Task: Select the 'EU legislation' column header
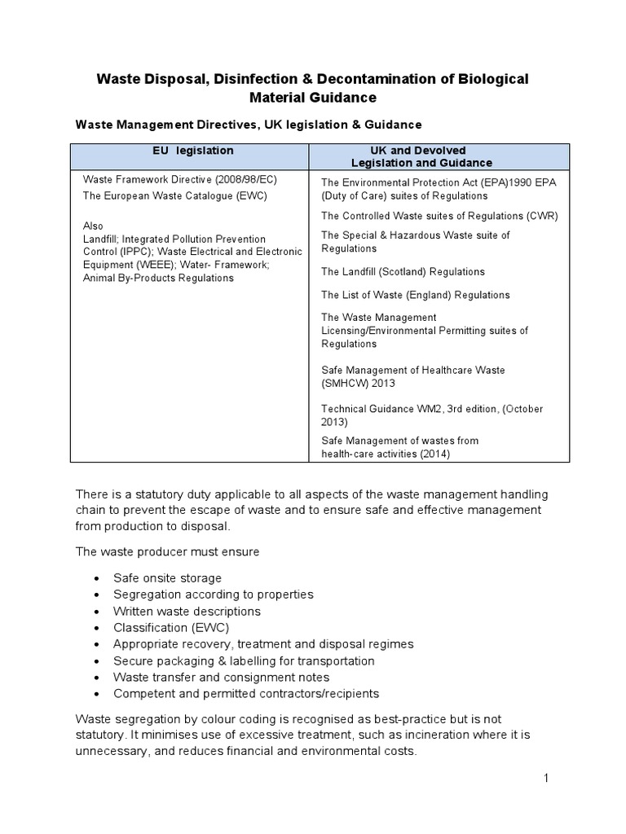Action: point(193,151)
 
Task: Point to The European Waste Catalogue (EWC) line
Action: point(174,196)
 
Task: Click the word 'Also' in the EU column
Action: point(94,226)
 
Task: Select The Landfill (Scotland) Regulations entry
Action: point(403,272)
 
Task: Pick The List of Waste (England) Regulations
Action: point(415,295)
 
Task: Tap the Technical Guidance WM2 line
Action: point(431,409)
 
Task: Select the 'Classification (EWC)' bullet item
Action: point(171,627)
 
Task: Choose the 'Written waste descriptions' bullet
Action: point(187,611)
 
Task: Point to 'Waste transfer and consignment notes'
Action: point(221,677)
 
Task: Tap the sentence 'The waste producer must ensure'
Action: point(167,551)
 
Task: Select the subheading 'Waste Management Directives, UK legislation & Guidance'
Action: point(249,125)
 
